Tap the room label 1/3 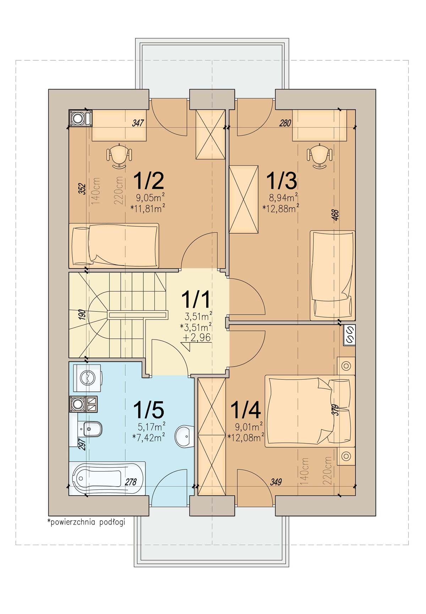282,180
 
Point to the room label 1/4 246,409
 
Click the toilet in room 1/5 91,430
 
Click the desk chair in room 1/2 120,156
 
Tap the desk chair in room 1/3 319,156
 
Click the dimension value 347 138,123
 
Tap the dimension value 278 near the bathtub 131,482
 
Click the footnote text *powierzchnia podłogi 86,522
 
